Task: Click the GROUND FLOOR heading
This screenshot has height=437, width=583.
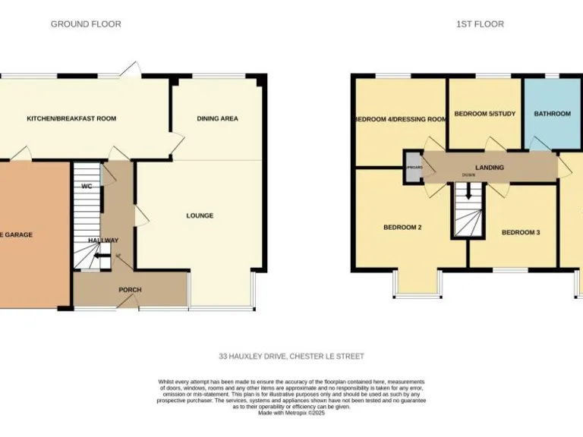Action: point(86,24)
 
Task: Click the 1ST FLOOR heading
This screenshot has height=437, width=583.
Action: point(480,24)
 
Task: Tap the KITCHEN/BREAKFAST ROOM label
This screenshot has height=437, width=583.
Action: point(71,118)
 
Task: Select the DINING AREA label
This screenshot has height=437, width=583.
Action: point(218,118)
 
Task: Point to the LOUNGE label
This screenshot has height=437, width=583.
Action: point(200,215)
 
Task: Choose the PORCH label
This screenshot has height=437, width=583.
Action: point(130,290)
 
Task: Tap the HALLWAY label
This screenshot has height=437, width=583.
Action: point(102,241)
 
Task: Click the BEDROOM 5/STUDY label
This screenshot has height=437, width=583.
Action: point(484,114)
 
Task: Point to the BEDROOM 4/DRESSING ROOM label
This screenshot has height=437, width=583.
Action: point(400,119)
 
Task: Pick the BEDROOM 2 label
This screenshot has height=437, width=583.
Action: point(402,227)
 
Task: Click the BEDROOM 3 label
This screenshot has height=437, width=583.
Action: point(521,232)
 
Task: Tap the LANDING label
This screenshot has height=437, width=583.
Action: point(490,168)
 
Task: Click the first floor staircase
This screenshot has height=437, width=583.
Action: point(468,212)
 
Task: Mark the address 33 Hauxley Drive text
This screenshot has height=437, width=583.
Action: point(291,356)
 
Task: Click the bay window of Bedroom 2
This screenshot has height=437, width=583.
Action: point(417,285)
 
